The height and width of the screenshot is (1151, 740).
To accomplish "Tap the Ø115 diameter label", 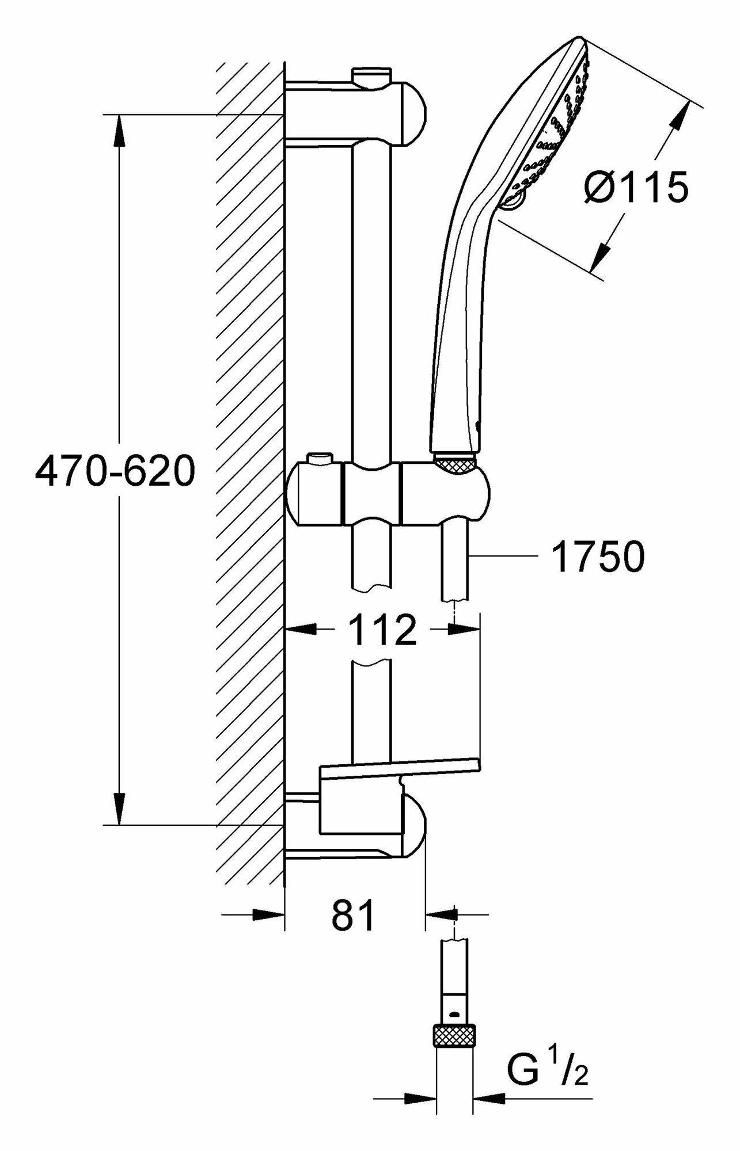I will coord(635,188).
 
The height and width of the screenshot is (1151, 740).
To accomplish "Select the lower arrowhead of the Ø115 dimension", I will coord(602,253).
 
